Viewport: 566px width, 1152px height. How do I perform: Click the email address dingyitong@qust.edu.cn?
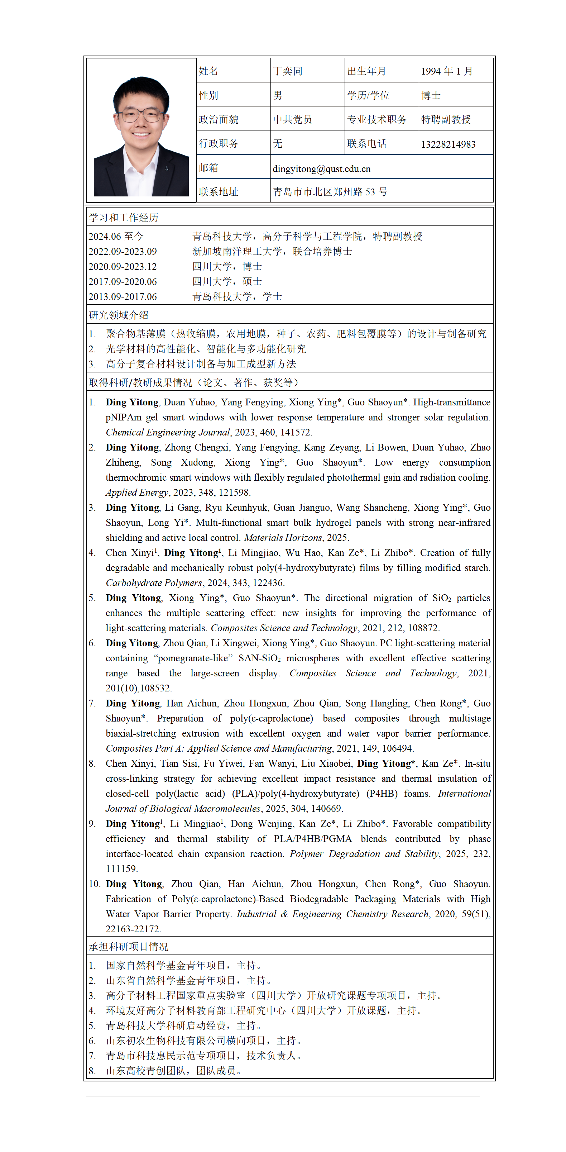(x=321, y=168)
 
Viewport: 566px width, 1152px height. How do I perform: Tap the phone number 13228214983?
(x=448, y=144)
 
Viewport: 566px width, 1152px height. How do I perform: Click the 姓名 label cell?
(x=208, y=71)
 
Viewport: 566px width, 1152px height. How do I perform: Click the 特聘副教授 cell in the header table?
(x=446, y=119)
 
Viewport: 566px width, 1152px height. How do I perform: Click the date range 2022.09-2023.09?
(x=123, y=251)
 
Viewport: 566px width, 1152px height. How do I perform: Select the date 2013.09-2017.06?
(x=123, y=296)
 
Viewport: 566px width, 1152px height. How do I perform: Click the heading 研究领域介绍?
(x=119, y=315)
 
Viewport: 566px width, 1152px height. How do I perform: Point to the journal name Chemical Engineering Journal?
(x=168, y=432)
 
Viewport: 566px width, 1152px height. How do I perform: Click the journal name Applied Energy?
(x=137, y=492)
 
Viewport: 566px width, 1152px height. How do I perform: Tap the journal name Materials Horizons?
(x=283, y=538)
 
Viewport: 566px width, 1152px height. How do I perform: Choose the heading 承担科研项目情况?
(x=128, y=947)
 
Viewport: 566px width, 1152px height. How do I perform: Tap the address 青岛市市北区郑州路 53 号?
(x=330, y=192)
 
